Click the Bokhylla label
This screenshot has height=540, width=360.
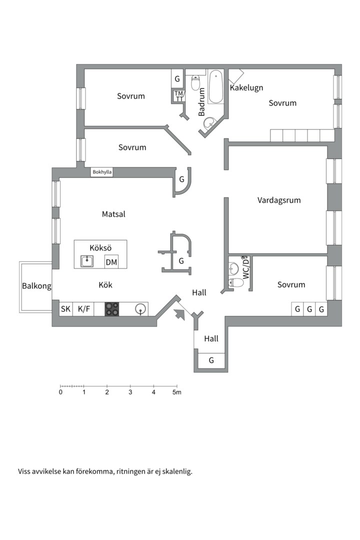coord(102,172)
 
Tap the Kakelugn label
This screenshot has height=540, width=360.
coord(246,88)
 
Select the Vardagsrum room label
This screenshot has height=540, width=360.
coord(279,200)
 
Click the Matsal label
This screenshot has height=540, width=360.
coord(113,214)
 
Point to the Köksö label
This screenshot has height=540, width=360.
coord(100,247)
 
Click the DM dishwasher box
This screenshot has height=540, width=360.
coord(111,261)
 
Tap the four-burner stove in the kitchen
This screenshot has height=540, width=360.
coord(112,309)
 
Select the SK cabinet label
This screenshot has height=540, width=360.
coord(65,309)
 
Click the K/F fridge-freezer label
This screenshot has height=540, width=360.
coord(84,309)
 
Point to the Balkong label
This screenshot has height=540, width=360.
coord(36,286)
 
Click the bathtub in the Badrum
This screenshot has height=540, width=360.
coord(215,86)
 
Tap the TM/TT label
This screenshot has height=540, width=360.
coord(179,95)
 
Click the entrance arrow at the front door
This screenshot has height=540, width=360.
coord(178,314)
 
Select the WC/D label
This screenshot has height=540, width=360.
coord(245,268)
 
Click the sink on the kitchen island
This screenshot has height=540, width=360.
coord(87,261)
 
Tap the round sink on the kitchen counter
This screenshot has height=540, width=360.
coord(141,309)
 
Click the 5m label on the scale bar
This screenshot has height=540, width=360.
coord(176,392)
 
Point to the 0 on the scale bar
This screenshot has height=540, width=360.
coord(60,392)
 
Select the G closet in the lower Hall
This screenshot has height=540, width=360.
coord(211,360)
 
